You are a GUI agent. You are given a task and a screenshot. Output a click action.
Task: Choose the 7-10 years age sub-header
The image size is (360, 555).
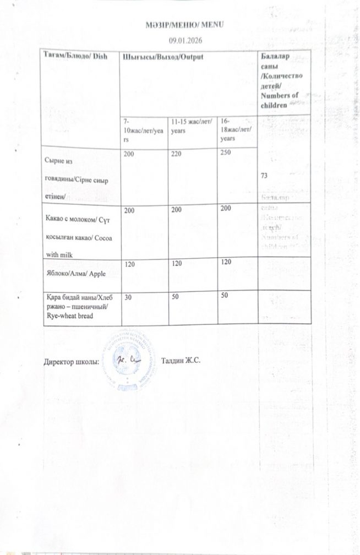[137, 130]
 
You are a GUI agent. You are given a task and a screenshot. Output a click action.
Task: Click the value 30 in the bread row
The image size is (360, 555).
[128, 296]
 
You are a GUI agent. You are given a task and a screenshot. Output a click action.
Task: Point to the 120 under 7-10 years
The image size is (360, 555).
[130, 265]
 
